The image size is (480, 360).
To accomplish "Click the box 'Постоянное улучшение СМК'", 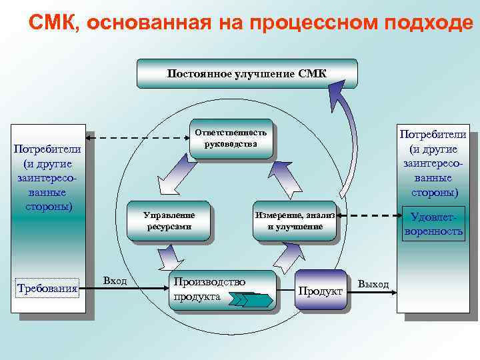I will coord(247,73).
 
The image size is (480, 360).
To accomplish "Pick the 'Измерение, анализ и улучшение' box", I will coord(295,221).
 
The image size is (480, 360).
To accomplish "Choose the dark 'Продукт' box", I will coord(320,290).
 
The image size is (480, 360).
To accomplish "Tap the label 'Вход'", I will coord(115,281).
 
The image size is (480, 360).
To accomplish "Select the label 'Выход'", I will coord(373,284).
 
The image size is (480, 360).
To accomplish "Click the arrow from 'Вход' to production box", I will coord(147,287).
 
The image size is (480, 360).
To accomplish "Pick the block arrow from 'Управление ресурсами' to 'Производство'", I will coord(171,255).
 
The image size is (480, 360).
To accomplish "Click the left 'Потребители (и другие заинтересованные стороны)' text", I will coord(47,176).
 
